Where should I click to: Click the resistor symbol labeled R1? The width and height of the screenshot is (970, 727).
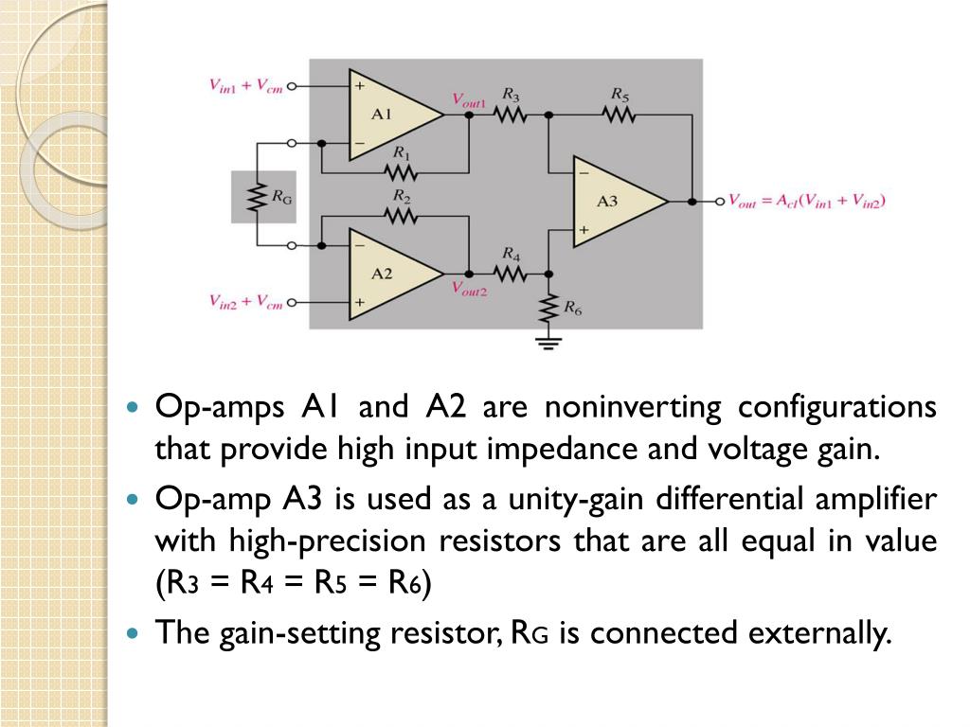402,171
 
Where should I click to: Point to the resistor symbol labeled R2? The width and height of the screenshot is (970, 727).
402,216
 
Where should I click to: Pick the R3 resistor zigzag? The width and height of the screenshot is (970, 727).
510,115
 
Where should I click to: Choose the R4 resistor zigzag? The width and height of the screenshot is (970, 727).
510,273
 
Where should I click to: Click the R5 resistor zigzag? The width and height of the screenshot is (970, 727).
619,115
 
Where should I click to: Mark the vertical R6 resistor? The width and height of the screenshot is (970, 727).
549,307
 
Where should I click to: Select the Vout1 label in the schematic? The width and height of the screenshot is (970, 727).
469,98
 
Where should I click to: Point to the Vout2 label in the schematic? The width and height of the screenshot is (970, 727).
469,290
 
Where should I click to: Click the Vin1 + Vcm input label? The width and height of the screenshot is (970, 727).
245,85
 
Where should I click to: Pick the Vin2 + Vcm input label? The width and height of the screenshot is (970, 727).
245,302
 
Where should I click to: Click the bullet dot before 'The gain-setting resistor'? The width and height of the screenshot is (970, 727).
134,631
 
